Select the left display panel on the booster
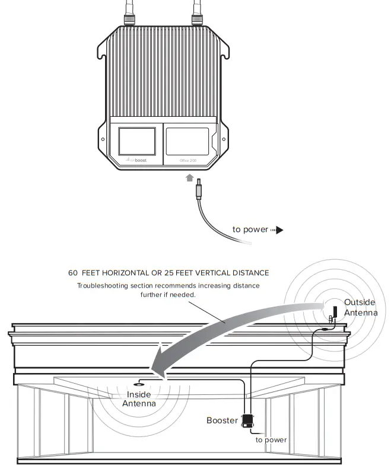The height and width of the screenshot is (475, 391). (x=137, y=141)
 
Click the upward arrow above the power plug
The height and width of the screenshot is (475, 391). (x=189, y=177)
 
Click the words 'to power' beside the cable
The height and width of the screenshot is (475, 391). (x=250, y=229)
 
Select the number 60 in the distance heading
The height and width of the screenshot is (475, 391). (x=73, y=273)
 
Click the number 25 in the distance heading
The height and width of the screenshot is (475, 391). (x=179, y=273)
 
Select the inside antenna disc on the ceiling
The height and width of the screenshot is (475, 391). (x=139, y=383)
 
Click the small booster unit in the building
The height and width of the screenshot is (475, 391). (x=247, y=420)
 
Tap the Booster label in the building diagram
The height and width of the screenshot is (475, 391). (x=221, y=420)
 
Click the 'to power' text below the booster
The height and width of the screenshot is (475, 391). (x=271, y=440)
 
